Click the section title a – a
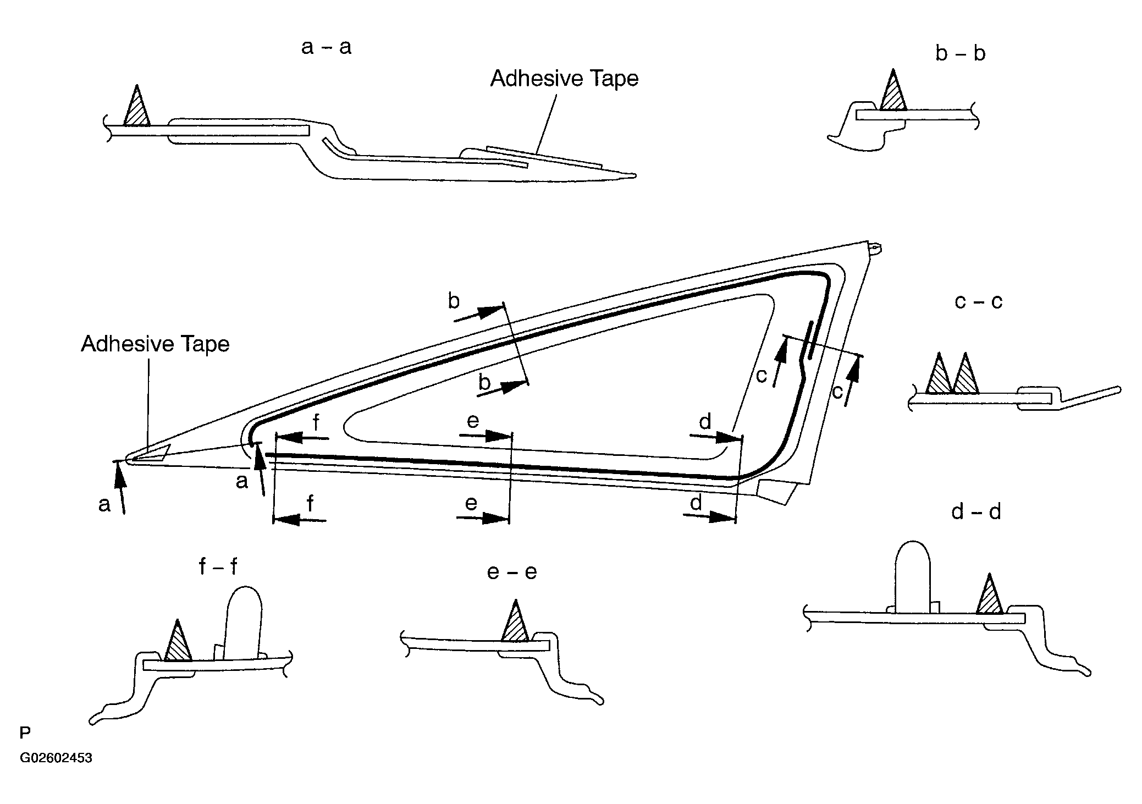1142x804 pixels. (x=326, y=47)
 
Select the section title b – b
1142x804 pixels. (x=960, y=53)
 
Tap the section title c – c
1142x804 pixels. (x=978, y=301)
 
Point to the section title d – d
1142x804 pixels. (x=976, y=512)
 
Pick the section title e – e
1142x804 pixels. (x=511, y=572)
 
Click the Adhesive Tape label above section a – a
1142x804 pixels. (x=565, y=78)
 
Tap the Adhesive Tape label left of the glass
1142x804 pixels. (x=155, y=344)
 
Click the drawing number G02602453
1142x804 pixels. (x=56, y=758)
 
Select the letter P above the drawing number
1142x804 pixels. (x=25, y=733)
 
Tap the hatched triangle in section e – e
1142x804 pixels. (x=515, y=621)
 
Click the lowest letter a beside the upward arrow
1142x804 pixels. (x=104, y=504)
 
